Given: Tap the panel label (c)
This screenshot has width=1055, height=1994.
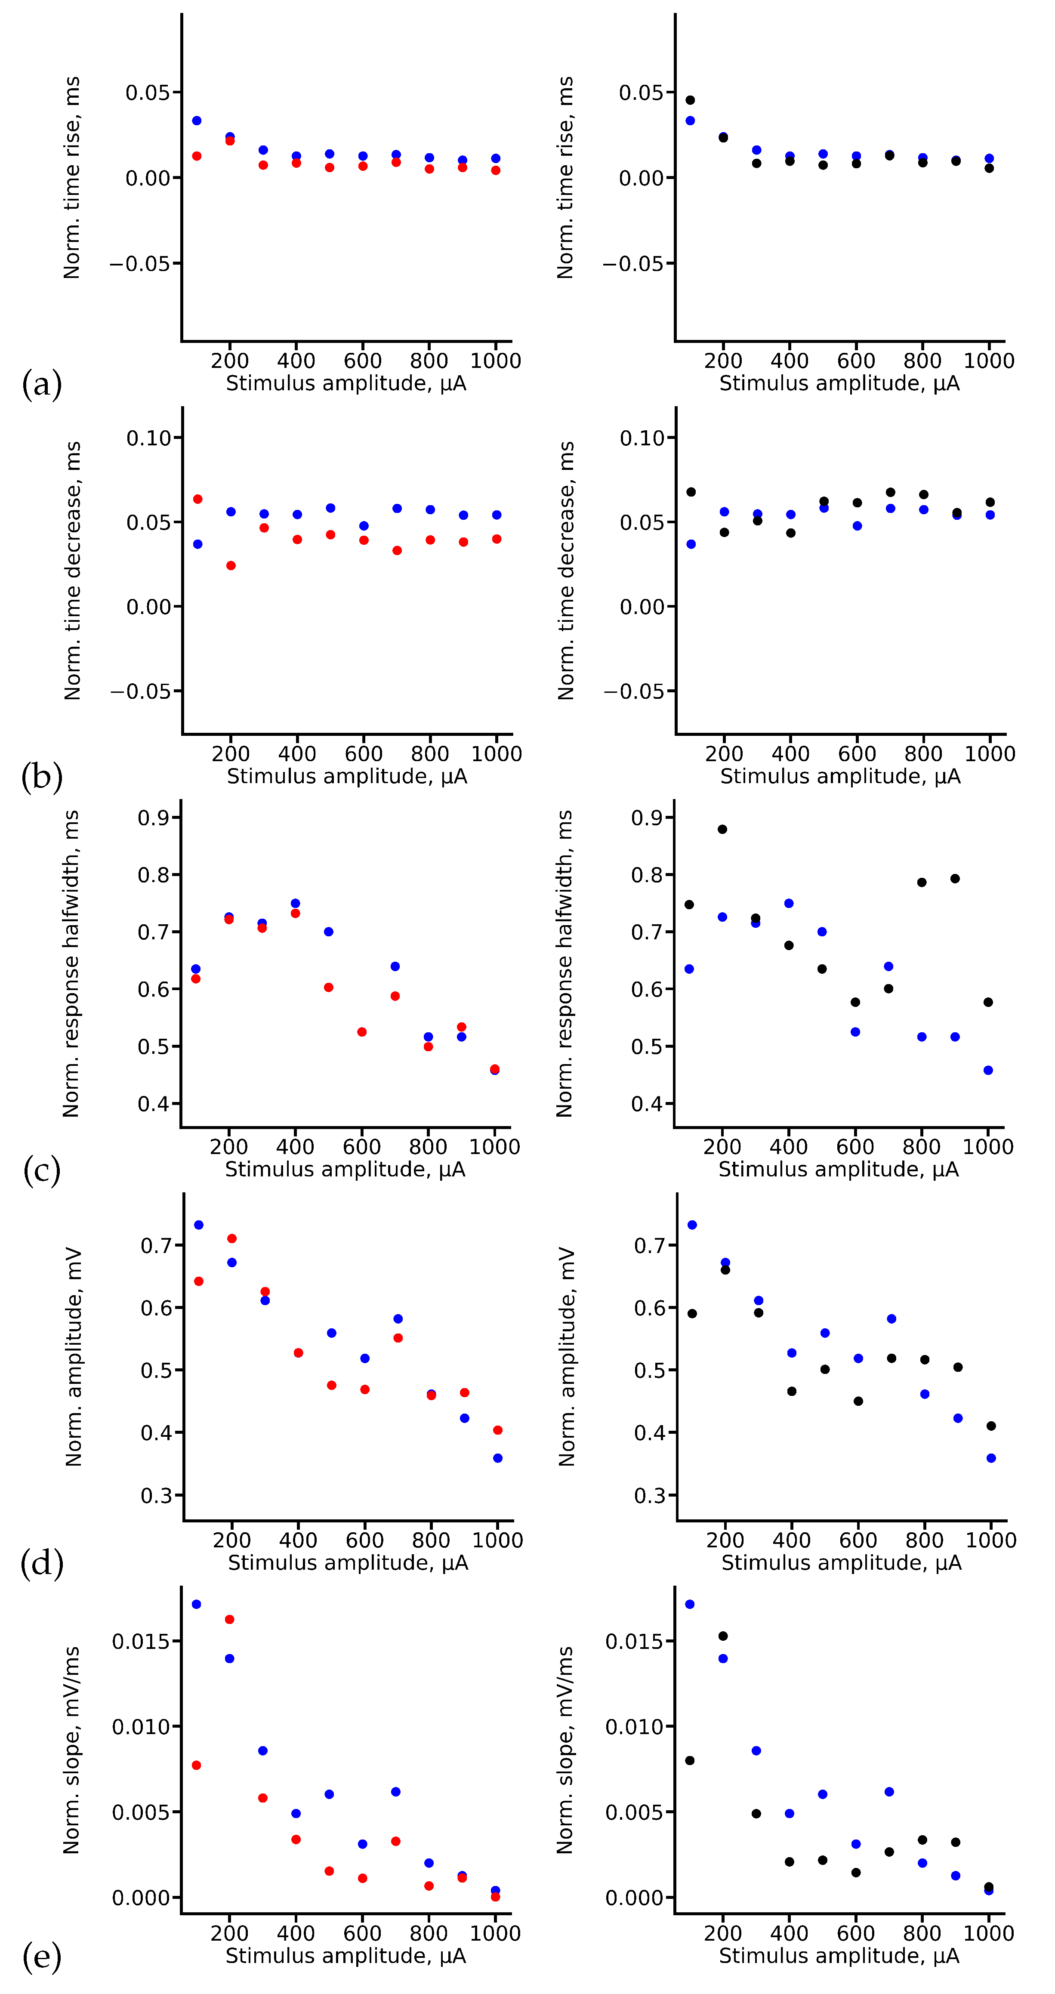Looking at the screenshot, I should [x=42, y=1170].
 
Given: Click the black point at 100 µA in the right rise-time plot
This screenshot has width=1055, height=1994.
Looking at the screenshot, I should [x=690, y=100].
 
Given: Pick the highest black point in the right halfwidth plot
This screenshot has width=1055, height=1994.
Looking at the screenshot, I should [x=722, y=829].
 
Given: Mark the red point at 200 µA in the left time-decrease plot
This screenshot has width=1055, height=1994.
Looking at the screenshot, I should [x=231, y=565].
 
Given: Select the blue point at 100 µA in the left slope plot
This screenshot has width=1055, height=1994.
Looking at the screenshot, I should [x=197, y=1604].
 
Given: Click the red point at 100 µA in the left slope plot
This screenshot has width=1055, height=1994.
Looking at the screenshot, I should [x=197, y=1765].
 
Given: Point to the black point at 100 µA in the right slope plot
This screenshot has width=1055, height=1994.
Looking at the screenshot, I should [x=690, y=1760].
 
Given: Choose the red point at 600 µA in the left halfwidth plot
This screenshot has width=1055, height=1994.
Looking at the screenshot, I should [x=361, y=1032].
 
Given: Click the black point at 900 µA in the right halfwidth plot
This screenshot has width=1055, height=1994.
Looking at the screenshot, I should [x=955, y=879].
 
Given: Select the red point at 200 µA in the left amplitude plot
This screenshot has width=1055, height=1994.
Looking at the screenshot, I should [x=231, y=1238].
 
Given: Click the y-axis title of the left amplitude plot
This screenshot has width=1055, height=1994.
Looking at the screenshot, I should [x=74, y=1356].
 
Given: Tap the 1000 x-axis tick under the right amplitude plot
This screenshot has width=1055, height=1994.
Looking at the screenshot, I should [x=991, y=1540].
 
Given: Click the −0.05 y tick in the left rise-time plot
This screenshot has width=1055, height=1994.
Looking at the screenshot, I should [x=145, y=264].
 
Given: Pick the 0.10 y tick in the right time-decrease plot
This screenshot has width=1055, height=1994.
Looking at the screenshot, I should [x=642, y=438].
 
